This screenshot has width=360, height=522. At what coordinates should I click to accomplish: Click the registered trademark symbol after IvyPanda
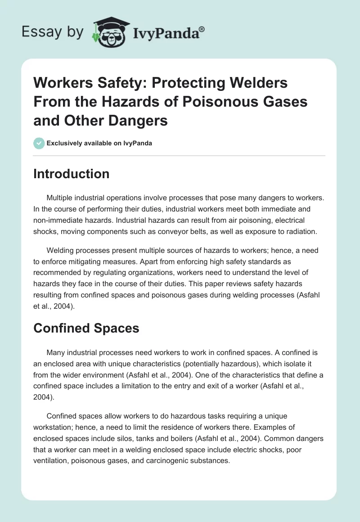click(202, 29)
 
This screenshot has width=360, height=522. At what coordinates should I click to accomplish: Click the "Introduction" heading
click(71, 174)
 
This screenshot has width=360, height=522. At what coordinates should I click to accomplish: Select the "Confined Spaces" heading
click(86, 328)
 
